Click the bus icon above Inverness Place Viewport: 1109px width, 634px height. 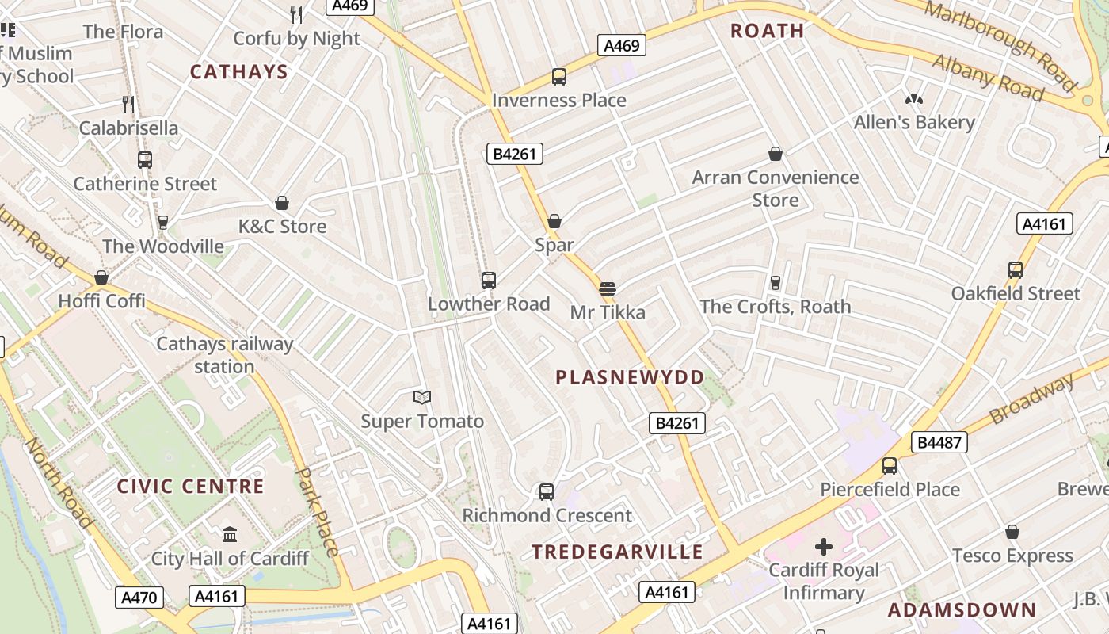pos(558,77)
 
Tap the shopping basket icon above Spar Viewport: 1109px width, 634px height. pos(554,221)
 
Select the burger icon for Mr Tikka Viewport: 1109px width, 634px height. pos(608,289)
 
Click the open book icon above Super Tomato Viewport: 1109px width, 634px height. pos(422,397)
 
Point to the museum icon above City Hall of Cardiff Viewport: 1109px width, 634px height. pos(230,535)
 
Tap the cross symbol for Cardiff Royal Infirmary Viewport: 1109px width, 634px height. pos(824,547)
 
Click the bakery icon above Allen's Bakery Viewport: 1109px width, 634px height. pos(913,99)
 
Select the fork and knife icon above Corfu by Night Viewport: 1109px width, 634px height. pos(296,14)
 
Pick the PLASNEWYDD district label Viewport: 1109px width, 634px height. pos(630,377)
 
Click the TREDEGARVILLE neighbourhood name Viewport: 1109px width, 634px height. pos(617,552)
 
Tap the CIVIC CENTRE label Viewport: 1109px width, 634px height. pos(190,487)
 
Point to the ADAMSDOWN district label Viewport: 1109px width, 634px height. pos(962,610)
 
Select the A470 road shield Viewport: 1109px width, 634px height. pos(140,597)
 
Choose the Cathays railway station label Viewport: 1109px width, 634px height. pos(224,355)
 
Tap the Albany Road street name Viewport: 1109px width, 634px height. pos(988,78)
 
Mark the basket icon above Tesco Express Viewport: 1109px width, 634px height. pos(1012,532)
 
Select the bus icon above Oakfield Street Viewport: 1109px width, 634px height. pos(1016,270)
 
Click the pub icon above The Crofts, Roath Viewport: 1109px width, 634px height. pos(776,283)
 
